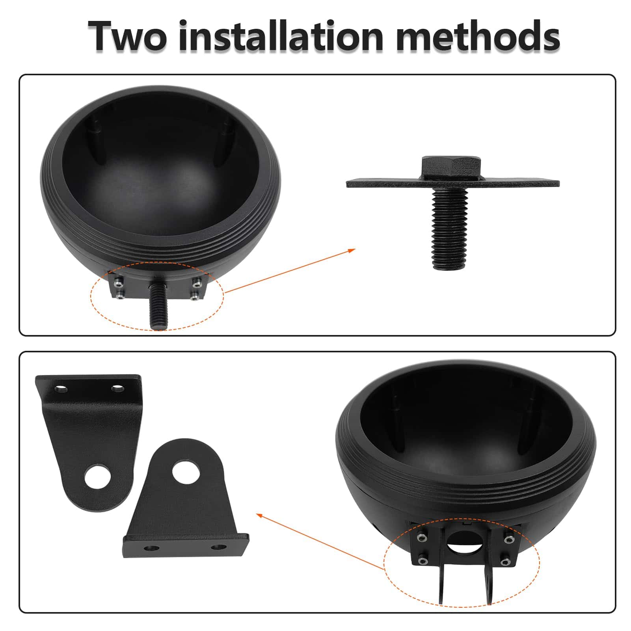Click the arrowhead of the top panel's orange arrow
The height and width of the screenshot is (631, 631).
tap(351, 251)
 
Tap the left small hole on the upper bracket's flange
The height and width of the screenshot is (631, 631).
tap(61, 389)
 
